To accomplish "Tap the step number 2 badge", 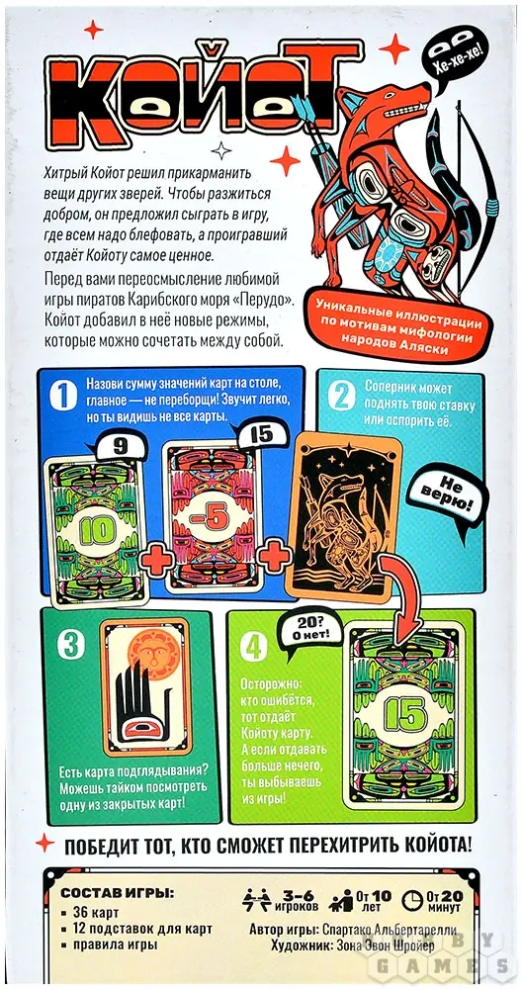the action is [340, 397].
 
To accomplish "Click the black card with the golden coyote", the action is [344, 515].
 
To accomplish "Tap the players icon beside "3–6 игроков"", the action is [257, 898].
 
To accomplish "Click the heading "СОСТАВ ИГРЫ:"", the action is [116, 894].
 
